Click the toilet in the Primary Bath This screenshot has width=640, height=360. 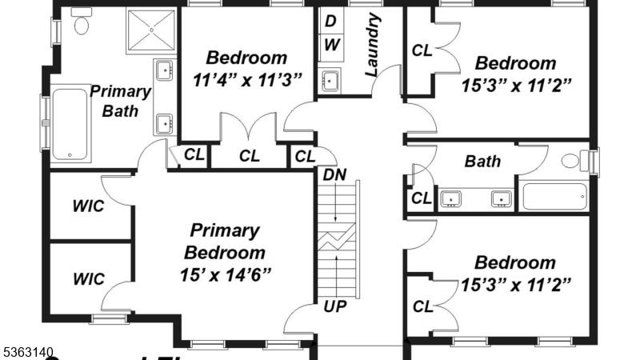tap(81, 25)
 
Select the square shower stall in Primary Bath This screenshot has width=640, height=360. tap(149, 30)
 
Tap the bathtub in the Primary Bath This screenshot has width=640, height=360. tap(70, 124)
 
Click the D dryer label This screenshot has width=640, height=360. tap(330, 20)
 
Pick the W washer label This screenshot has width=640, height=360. tap(331, 45)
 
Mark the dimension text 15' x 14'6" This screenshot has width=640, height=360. tap(225, 274)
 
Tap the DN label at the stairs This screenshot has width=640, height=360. tap(334, 174)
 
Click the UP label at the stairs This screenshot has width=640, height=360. tap(334, 305)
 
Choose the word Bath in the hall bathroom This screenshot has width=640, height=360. tap(482, 162)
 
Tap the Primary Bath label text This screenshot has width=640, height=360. tap(120, 101)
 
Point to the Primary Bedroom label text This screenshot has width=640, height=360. tap(225, 242)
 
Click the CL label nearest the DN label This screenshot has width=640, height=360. tap(305, 156)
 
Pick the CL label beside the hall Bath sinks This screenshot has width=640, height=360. tap(420, 198)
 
